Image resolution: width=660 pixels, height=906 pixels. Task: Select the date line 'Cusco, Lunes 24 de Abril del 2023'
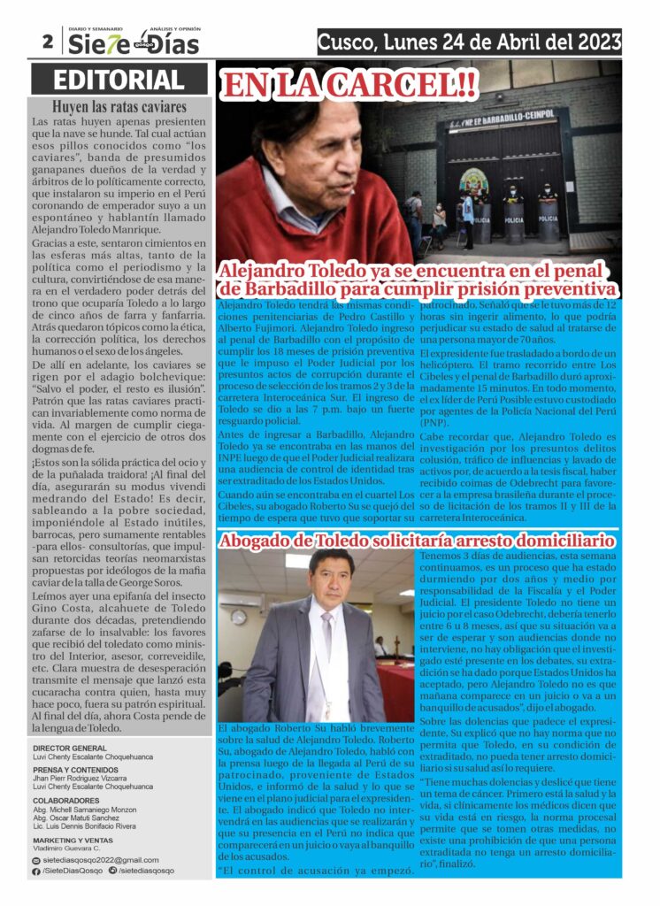coord(469,42)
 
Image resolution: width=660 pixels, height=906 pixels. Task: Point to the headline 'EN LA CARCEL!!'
coord(349,85)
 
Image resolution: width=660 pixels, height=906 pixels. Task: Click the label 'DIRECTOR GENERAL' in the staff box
coord(70,748)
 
